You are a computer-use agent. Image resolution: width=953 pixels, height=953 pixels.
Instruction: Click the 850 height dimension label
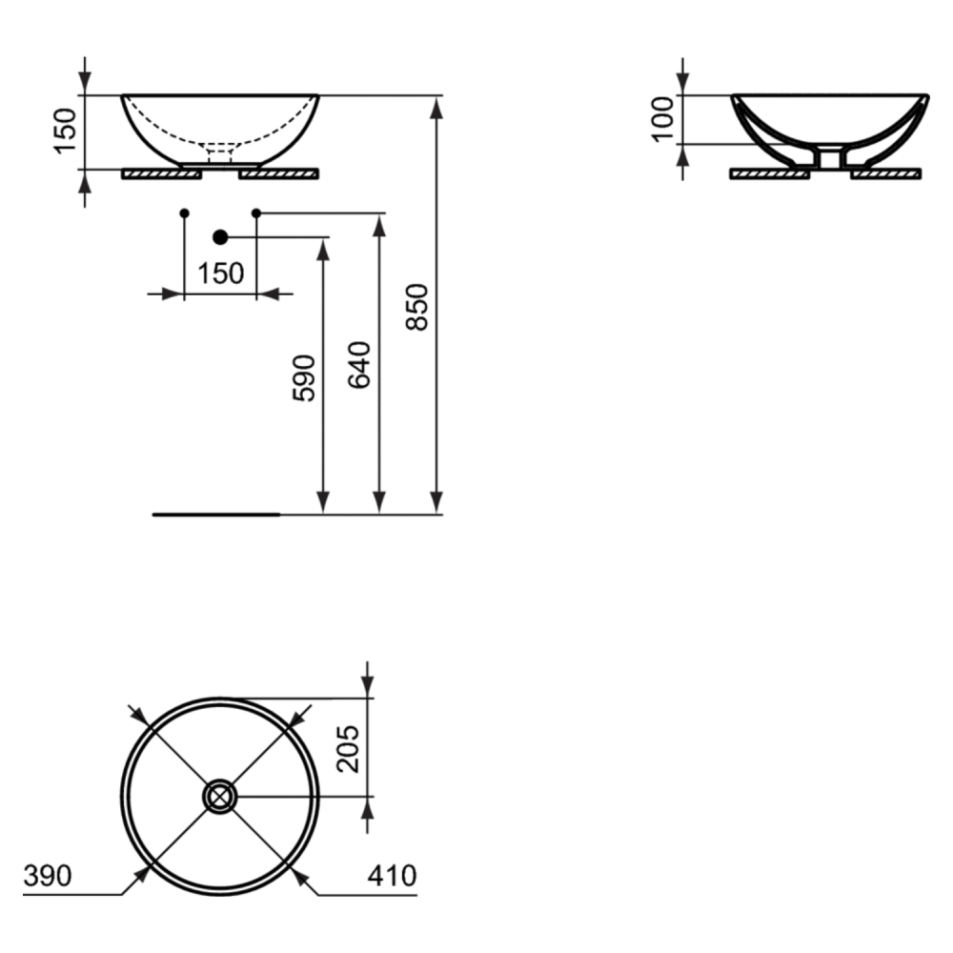(x=417, y=307)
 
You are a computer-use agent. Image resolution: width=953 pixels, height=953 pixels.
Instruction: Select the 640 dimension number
(x=359, y=365)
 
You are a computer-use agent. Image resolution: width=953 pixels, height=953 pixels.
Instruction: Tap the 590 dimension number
(x=304, y=378)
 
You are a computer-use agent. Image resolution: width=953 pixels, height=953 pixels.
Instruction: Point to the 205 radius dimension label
(x=348, y=749)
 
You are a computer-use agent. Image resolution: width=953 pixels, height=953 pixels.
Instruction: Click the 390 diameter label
(x=48, y=876)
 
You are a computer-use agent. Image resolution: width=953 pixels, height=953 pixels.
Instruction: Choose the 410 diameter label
(x=392, y=876)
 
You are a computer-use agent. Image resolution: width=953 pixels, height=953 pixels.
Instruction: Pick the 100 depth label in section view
(x=663, y=119)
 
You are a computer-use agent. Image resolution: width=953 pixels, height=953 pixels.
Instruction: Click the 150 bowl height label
(x=66, y=132)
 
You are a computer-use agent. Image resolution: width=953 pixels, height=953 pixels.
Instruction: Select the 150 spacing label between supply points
(x=221, y=274)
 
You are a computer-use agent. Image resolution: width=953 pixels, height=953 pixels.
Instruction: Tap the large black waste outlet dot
(x=221, y=237)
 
